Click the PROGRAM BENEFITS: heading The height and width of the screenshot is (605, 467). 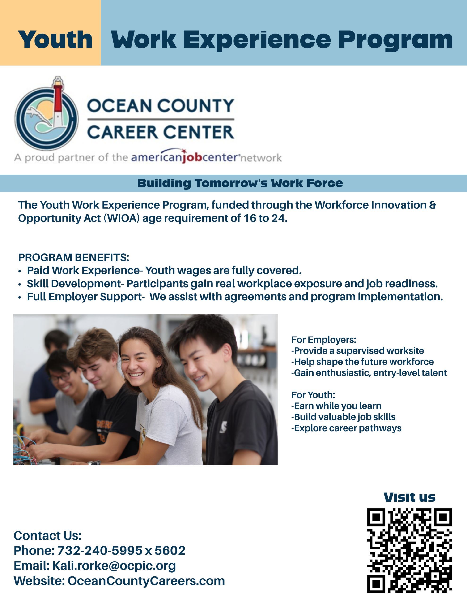[74, 257]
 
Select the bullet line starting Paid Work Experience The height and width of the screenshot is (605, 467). [164, 270]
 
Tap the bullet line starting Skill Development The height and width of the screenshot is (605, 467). [232, 283]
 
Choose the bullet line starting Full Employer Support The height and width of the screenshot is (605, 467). [234, 297]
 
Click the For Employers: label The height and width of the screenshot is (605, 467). [324, 340]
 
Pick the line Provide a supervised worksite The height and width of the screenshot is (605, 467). [357, 351]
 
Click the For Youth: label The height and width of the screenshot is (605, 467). [313, 395]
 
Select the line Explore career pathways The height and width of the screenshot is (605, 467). [346, 428]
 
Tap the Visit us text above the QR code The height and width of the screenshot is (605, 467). [409, 497]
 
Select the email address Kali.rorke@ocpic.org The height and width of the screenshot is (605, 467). [114, 566]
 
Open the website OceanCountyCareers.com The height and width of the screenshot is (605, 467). [146, 581]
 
